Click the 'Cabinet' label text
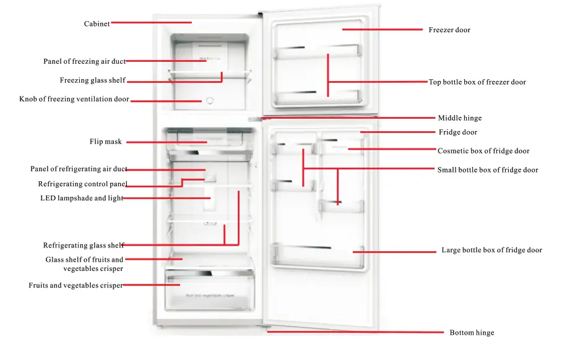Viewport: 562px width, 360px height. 97,24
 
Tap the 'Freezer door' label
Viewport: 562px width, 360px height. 449,30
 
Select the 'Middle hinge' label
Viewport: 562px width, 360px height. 459,118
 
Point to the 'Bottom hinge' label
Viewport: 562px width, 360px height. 472,333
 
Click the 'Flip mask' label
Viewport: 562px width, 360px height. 106,142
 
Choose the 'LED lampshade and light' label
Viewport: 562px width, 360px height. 82,199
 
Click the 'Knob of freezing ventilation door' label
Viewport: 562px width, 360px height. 74,99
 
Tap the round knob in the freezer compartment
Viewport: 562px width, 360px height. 209,100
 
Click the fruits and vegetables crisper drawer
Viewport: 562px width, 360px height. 209,291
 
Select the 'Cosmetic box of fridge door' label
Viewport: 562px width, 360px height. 483,151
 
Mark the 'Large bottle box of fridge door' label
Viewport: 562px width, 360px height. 491,251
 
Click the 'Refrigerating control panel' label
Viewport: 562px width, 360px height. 82,184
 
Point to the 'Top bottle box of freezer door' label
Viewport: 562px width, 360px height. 477,82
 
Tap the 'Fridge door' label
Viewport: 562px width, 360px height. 458,132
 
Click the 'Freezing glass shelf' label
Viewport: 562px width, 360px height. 93,80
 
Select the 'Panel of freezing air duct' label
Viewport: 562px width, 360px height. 84,61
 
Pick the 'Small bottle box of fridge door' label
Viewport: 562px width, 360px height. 488,170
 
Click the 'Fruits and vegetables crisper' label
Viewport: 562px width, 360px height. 76,286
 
